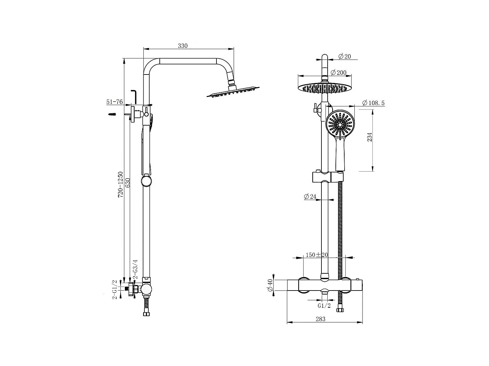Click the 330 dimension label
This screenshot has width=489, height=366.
(x=183, y=46)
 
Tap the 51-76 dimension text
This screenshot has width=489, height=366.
(x=114, y=102)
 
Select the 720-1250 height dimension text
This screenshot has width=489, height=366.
(x=121, y=185)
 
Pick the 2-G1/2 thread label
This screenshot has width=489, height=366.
(x=114, y=290)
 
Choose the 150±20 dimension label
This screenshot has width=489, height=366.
(x=317, y=255)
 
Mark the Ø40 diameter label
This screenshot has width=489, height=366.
(x=270, y=286)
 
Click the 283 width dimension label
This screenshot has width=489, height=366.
(x=320, y=319)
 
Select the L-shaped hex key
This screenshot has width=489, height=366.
(x=134, y=96)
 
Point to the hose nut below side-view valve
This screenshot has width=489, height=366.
(x=146, y=314)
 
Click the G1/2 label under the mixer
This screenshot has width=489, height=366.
(x=324, y=305)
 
